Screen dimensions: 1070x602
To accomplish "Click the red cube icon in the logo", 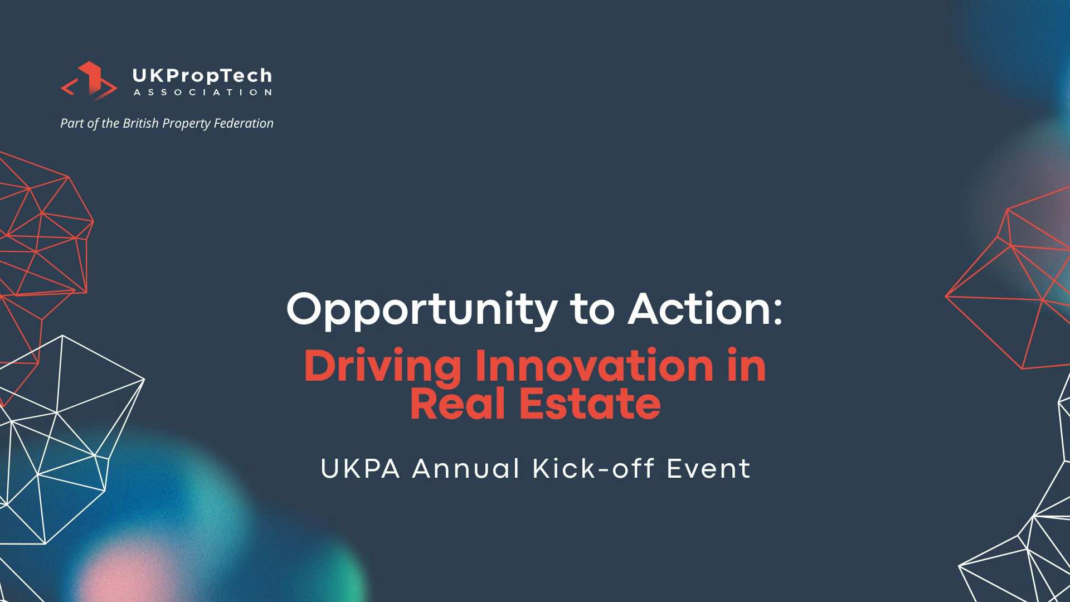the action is tap(89, 81).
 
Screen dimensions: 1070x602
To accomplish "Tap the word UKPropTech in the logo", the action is tap(202, 76).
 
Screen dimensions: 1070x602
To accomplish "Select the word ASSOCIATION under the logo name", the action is tap(202, 93).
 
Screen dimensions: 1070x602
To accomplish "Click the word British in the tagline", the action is tap(140, 123).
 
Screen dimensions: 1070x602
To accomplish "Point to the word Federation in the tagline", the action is tap(244, 123).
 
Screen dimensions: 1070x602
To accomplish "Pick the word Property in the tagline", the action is tap(186, 124).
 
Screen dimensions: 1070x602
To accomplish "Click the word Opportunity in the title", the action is tap(422, 310).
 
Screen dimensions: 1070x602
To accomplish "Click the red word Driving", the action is tap(383, 368).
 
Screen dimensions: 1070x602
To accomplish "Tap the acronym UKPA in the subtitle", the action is tap(361, 469).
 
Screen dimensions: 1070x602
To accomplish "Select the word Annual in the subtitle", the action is tap(466, 469).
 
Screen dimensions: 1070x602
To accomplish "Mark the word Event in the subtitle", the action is tap(709, 469).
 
